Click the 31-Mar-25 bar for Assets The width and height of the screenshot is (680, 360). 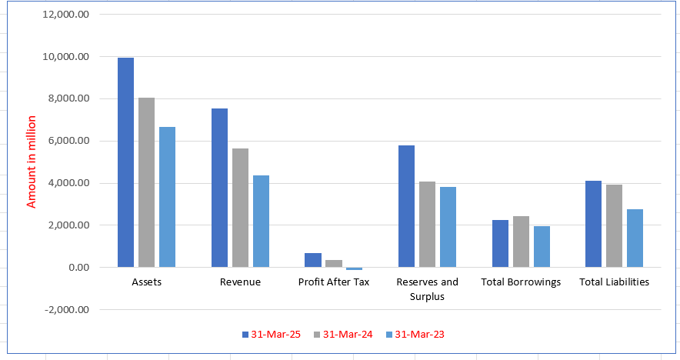click(125, 162)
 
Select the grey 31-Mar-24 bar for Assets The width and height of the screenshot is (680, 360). click(146, 182)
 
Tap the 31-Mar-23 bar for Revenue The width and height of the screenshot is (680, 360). click(261, 222)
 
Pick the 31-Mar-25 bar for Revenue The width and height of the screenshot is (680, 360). click(219, 188)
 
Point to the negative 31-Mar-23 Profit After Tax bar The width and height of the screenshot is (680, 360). click(354, 268)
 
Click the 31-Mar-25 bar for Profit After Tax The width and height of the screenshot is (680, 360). click(312, 260)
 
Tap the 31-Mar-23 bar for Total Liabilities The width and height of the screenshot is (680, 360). click(635, 238)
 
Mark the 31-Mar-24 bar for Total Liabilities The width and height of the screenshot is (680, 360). click(615, 226)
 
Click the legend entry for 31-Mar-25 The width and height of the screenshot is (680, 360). click(270, 334)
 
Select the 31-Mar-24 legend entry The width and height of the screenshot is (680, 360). click(342, 334)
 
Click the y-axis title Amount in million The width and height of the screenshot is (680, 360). click(32, 162)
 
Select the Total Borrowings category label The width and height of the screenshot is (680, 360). click(521, 282)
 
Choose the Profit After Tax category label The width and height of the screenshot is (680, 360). click(333, 282)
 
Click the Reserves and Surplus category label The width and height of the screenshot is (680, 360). click(427, 288)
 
